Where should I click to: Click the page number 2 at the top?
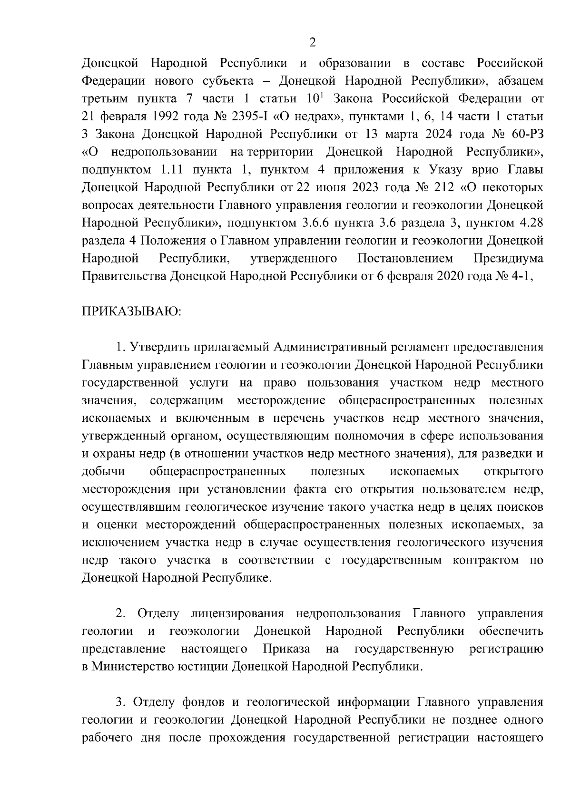[x=312, y=43]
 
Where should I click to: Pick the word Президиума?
[x=509, y=258]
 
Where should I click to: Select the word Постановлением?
[x=405, y=258]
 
